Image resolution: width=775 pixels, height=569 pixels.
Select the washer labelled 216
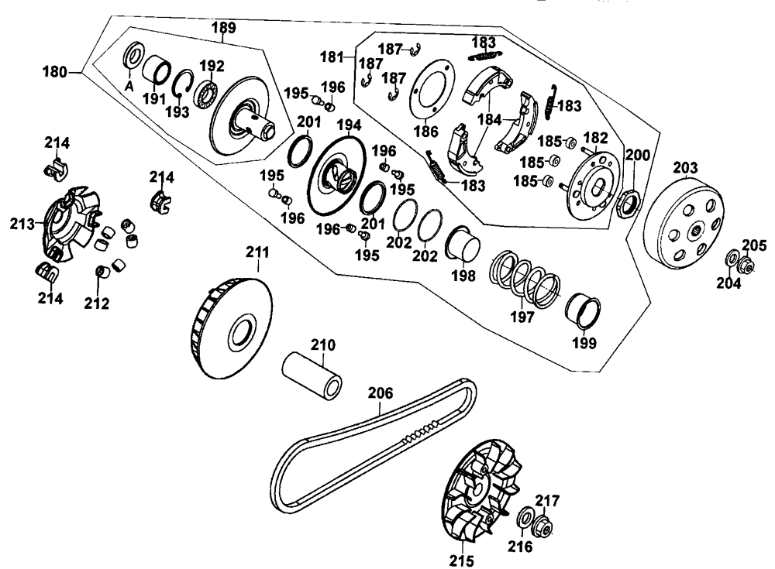point(523,517)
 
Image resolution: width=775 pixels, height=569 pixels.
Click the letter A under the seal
point(129,87)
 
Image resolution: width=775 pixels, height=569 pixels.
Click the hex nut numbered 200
point(627,204)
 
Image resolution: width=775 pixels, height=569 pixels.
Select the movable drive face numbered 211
point(231,327)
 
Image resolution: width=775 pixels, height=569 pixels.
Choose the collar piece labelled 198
point(464,247)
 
